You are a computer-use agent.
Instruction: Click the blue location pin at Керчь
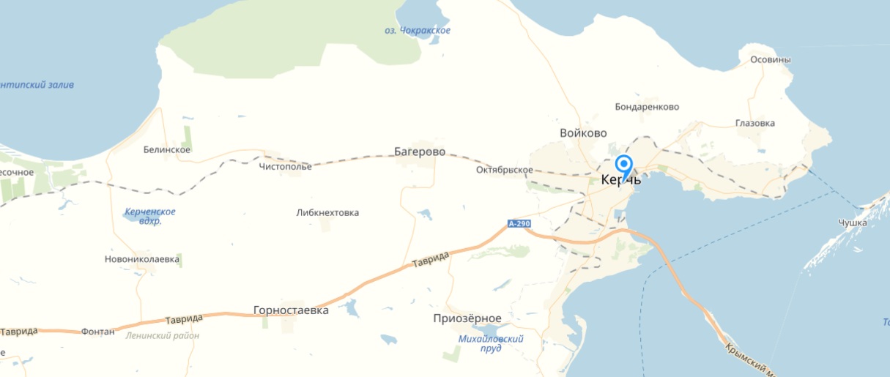pos(624,165)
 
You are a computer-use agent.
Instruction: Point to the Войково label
pos(583,133)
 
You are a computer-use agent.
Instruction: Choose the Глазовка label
pos(754,123)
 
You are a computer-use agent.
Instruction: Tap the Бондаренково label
pos(647,107)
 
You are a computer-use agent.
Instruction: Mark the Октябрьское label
pos(504,170)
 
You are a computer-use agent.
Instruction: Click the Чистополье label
pos(285,166)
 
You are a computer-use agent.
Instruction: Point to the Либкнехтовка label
pos(327,212)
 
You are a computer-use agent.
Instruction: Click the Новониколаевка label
pos(142,259)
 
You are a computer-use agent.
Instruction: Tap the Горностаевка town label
pos(291,310)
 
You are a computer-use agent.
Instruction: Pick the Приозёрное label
pos(467,318)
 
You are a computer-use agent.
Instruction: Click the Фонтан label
pos(98,332)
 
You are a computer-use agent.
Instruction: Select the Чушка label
pos(853,222)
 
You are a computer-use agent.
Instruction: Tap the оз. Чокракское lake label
pos(418,31)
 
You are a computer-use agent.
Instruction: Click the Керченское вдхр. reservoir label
pos(150,216)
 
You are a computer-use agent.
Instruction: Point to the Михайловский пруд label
pos(491,343)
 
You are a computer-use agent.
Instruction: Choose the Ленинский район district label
pos(163,335)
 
